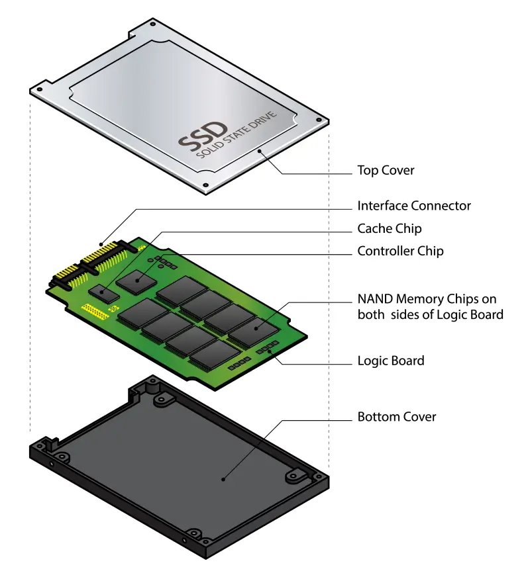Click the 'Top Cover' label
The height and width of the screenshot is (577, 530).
pos(386,170)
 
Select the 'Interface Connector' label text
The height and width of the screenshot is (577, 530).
pos(414,206)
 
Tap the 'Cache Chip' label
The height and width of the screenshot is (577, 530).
pos(390,228)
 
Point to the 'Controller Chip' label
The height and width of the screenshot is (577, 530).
pos(400,251)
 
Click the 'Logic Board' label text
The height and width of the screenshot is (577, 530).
pos(391,361)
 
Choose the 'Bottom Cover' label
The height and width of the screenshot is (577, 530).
pos(397,417)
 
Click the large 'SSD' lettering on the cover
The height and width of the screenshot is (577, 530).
pos(203,136)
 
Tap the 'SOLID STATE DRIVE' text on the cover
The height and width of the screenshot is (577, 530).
pos(237,134)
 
